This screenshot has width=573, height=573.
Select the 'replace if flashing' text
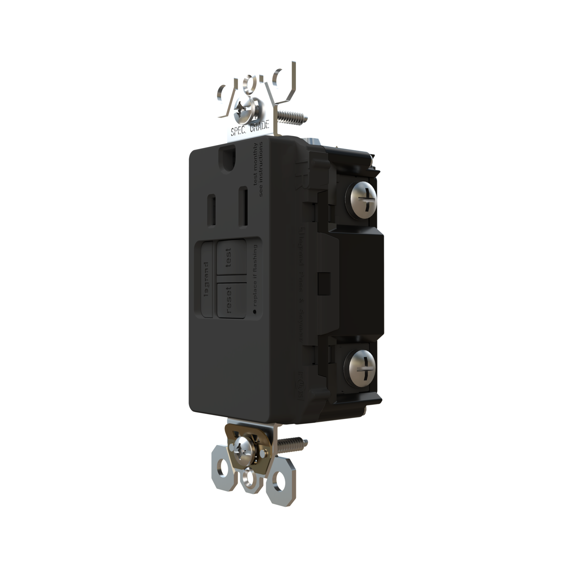pos(256,274)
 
